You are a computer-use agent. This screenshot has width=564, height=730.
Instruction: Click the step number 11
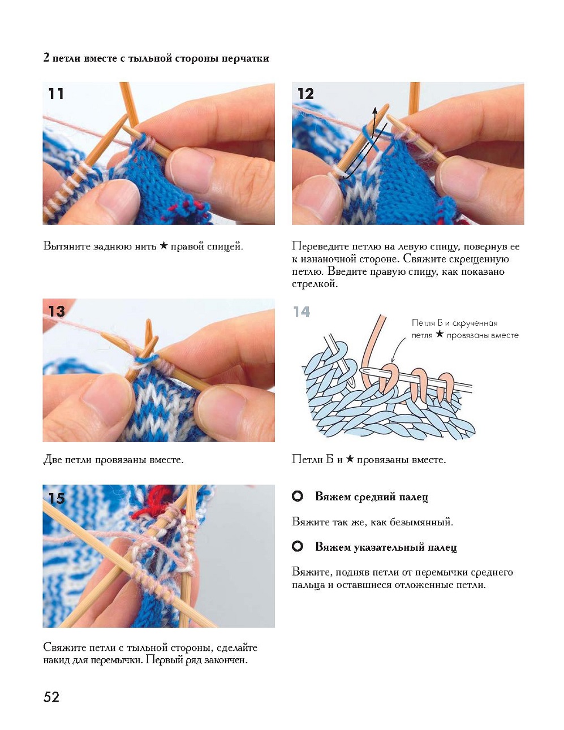(56, 94)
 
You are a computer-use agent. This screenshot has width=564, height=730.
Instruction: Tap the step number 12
(305, 94)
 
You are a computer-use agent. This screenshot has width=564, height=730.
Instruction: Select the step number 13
(57, 311)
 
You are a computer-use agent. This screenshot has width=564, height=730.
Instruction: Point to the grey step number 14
(302, 312)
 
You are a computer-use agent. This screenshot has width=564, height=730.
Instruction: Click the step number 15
(57, 498)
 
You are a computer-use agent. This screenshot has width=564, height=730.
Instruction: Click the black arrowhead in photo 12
(375, 112)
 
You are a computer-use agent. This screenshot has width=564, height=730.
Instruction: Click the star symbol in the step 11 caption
(163, 246)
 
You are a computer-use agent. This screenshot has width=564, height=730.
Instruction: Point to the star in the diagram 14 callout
(440, 334)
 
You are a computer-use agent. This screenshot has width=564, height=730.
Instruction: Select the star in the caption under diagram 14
(350, 459)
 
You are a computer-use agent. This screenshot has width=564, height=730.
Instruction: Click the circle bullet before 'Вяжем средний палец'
(298, 496)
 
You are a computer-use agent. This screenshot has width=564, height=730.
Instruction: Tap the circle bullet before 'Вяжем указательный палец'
(298, 547)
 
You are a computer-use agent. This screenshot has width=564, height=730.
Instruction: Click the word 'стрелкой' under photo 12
(315, 284)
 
